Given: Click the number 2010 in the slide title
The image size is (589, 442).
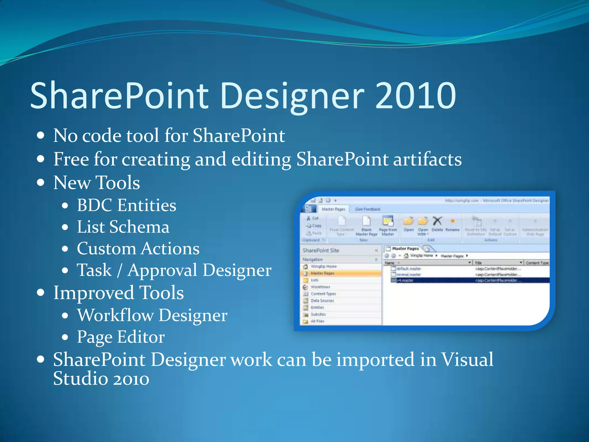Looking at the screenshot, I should [416, 96].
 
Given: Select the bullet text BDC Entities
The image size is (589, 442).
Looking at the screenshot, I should [127, 205].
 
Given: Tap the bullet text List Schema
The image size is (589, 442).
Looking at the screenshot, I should [123, 227].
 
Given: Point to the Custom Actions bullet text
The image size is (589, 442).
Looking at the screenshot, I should [138, 249].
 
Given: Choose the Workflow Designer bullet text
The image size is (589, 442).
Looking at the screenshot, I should [152, 315].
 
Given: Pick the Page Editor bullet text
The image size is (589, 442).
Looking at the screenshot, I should [121, 337].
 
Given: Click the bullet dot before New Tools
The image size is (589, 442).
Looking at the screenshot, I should [41, 182].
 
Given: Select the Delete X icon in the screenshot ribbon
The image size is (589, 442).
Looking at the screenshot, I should [437, 221].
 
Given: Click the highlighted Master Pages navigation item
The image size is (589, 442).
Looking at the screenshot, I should [322, 273].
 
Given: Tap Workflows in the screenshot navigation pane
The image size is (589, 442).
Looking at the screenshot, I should [320, 287].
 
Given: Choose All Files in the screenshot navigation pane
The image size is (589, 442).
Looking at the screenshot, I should [317, 321].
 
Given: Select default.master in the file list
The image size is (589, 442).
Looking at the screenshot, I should [408, 268].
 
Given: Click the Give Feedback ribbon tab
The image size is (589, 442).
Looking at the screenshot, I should [367, 209].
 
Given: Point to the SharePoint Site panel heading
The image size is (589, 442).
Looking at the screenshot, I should [321, 250].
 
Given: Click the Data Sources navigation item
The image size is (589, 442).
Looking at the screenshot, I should [322, 300].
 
